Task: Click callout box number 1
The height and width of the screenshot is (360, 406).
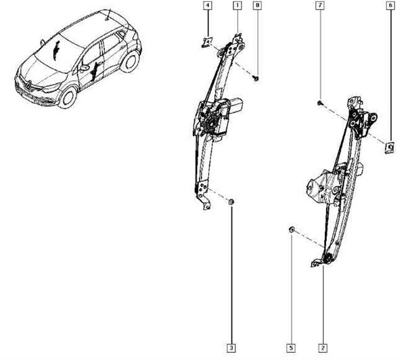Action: tap(238, 5)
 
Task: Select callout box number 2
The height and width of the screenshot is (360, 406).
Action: tap(323, 348)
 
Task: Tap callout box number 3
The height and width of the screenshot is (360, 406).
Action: tap(231, 348)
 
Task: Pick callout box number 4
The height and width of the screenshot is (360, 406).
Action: tap(208, 5)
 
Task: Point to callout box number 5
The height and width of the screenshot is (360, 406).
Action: tap(291, 348)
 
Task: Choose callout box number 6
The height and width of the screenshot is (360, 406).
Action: tap(390, 5)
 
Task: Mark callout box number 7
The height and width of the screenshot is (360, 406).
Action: tap(320, 5)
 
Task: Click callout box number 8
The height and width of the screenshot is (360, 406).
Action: tap(257, 5)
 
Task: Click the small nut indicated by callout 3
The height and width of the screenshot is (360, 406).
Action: tap(231, 202)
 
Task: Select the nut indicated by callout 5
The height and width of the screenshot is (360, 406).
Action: tap(291, 229)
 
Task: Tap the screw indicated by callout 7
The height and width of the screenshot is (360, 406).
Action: tap(320, 103)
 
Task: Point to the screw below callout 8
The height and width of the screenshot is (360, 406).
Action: tap(256, 78)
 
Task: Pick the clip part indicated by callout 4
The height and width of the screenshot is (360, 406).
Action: tap(206, 42)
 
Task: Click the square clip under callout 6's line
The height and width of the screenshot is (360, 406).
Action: tap(390, 148)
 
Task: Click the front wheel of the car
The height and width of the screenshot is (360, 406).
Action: tap(68, 97)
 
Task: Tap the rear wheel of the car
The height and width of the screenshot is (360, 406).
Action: tap(130, 62)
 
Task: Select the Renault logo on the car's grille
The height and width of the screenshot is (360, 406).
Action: tap(28, 85)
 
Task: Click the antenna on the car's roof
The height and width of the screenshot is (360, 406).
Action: tap(108, 15)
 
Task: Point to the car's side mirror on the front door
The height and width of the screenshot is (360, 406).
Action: tap(84, 68)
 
